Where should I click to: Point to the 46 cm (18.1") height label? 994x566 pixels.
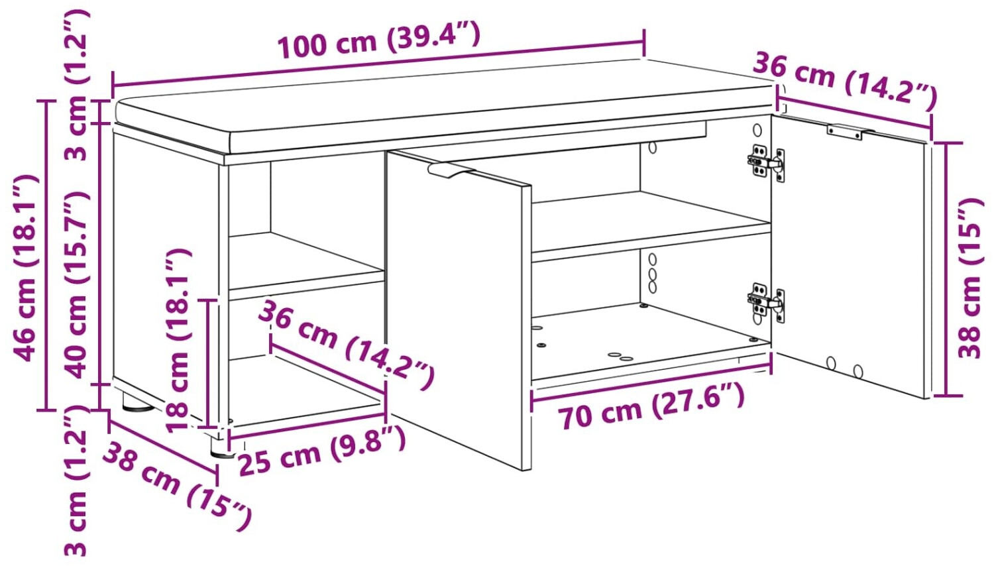[x=25, y=268]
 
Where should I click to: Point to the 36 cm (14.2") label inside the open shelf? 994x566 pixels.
[x=345, y=344]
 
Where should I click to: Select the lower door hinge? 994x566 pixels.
[x=765, y=302]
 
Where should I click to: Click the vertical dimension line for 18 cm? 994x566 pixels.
[x=207, y=364]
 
